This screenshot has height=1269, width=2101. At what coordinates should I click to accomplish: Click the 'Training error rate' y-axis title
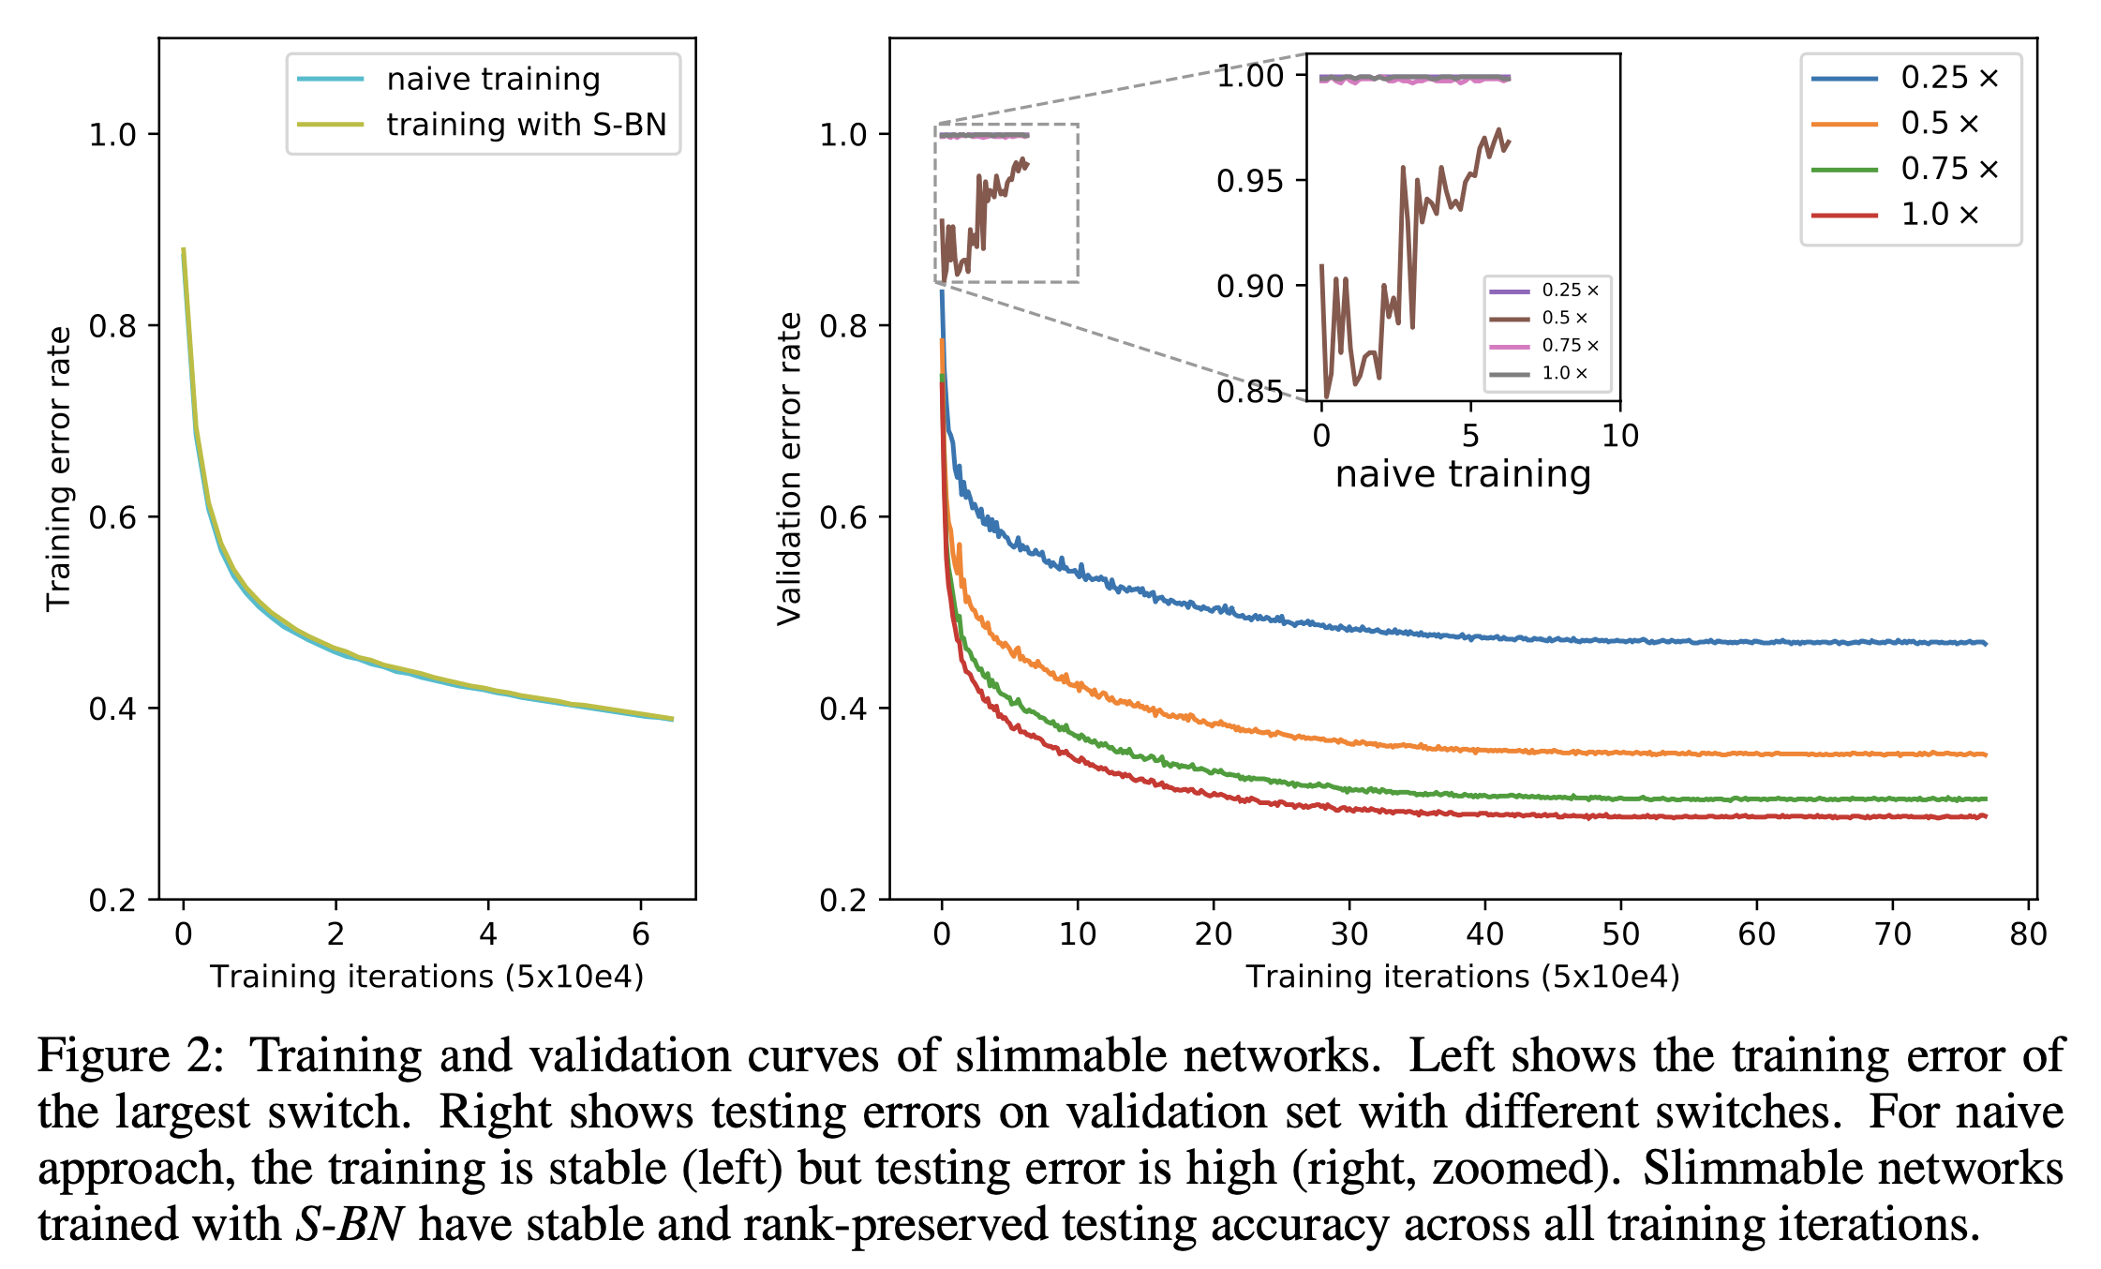pyautogui.click(x=59, y=469)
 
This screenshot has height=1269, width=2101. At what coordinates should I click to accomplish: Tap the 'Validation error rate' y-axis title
pyautogui.click(x=790, y=469)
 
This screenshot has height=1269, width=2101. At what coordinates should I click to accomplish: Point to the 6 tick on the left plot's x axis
pyautogui.click(x=641, y=933)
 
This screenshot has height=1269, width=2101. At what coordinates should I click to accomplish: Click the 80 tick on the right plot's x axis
pyautogui.click(x=2028, y=933)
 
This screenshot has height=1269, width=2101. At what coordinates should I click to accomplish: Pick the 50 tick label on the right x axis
pyautogui.click(x=1621, y=933)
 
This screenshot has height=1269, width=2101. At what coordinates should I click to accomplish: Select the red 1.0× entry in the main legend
pyautogui.click(x=1939, y=215)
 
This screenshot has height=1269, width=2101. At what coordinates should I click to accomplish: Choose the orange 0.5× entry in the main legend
pyautogui.click(x=1939, y=124)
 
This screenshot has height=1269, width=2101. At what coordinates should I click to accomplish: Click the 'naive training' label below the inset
pyautogui.click(x=1463, y=474)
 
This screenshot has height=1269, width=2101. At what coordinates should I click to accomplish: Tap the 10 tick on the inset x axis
pyautogui.click(x=1620, y=436)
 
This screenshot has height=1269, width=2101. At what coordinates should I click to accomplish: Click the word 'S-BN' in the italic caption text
pyautogui.click(x=350, y=1225)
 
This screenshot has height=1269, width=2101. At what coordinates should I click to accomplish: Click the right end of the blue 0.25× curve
pyautogui.click(x=1985, y=644)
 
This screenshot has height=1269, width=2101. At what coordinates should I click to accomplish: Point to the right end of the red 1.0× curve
pyautogui.click(x=1985, y=816)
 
